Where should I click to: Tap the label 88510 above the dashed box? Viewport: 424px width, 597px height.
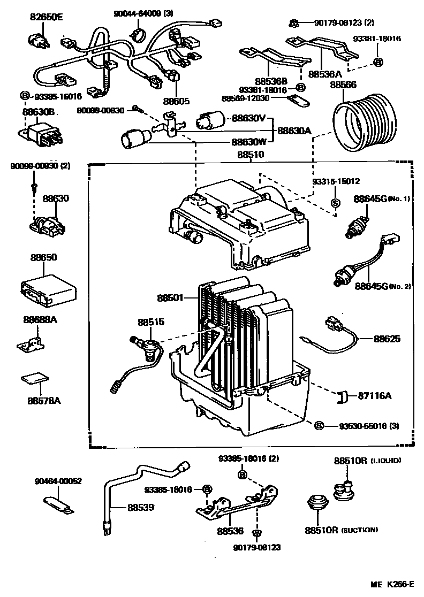tap(251, 155)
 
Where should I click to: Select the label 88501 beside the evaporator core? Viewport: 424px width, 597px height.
tap(171, 297)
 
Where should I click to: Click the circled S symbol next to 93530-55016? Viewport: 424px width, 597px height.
tap(319, 426)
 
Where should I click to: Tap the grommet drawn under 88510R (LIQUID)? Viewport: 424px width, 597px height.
tap(345, 489)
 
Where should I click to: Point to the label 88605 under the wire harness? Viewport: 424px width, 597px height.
tap(177, 101)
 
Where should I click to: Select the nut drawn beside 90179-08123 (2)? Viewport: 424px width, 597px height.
tap(294, 23)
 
